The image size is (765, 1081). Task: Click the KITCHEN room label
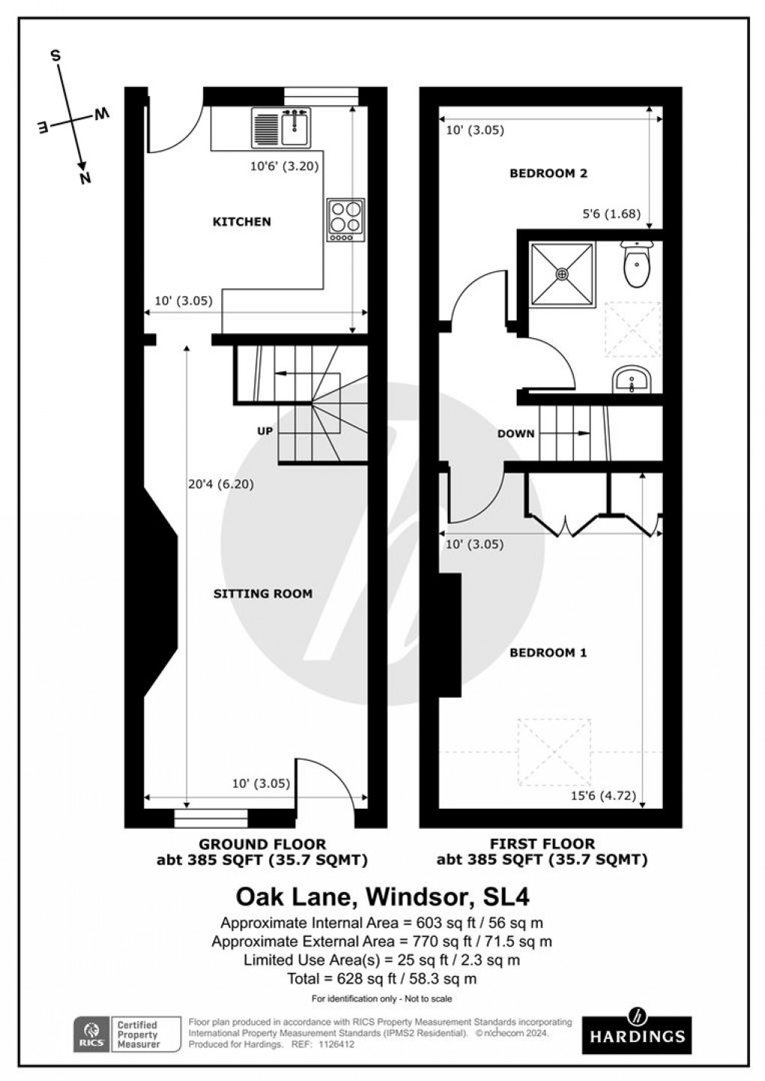point(241,222)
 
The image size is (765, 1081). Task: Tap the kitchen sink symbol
point(282,127)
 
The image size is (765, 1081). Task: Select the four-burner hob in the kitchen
point(346,219)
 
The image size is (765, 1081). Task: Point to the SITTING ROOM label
point(262,594)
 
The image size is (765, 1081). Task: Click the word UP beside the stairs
point(265,431)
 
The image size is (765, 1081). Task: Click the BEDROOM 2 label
point(548,174)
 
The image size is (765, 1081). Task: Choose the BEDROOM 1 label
point(548,653)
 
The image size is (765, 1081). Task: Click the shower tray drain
point(562,274)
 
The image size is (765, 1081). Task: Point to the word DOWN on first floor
point(516,434)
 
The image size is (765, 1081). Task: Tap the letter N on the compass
point(85,177)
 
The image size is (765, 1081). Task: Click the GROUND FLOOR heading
point(262,845)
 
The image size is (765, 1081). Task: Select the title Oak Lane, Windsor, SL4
point(382,896)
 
